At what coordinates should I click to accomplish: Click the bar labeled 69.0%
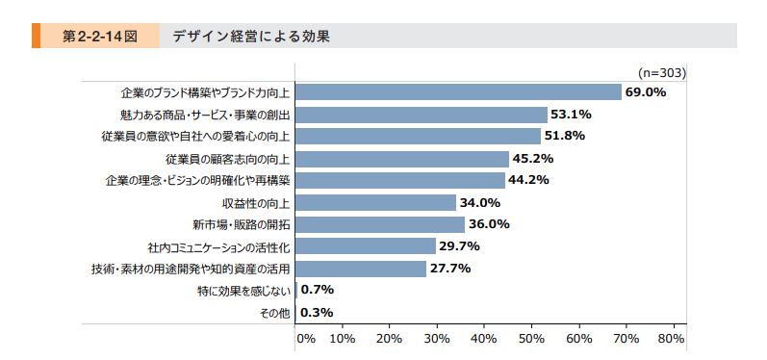coord(458,92)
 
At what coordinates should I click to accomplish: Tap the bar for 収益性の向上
coord(375,202)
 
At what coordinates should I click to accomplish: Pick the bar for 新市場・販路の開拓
coord(380,224)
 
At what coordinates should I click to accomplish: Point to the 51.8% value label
coord(565,136)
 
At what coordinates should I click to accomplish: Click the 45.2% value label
coord(534,158)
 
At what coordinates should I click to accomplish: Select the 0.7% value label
coord(318,290)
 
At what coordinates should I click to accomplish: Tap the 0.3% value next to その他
coord(317,312)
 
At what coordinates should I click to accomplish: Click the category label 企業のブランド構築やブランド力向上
coord(205,93)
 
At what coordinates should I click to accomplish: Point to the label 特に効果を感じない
coord(243,291)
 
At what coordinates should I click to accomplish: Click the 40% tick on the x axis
coord(484,339)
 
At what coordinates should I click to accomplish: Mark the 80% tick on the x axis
coord(672,339)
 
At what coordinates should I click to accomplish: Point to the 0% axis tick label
coord(305,339)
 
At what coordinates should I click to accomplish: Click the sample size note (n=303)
coord(661,71)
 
